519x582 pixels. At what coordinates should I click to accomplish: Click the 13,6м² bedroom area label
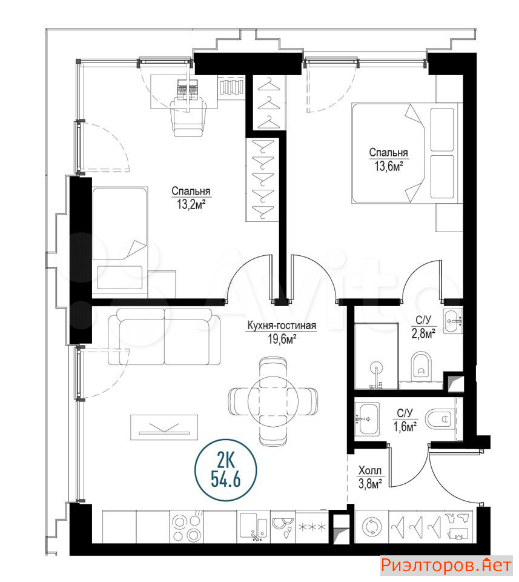389,166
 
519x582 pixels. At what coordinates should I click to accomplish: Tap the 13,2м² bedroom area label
191,204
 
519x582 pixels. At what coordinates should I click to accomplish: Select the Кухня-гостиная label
282,326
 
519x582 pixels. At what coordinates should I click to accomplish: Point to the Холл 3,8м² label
370,477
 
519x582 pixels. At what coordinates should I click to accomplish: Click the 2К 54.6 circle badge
226,470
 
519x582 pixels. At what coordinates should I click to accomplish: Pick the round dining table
273,401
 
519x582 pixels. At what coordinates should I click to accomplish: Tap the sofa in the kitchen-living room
164,336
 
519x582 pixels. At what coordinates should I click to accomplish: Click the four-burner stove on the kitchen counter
187,527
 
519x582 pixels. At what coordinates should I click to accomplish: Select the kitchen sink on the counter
254,527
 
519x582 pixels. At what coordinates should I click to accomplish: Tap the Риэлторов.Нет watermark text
446,566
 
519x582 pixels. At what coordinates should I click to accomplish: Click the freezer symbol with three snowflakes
312,527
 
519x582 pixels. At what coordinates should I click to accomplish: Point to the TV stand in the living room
164,427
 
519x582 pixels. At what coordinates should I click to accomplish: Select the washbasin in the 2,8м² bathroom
452,321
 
